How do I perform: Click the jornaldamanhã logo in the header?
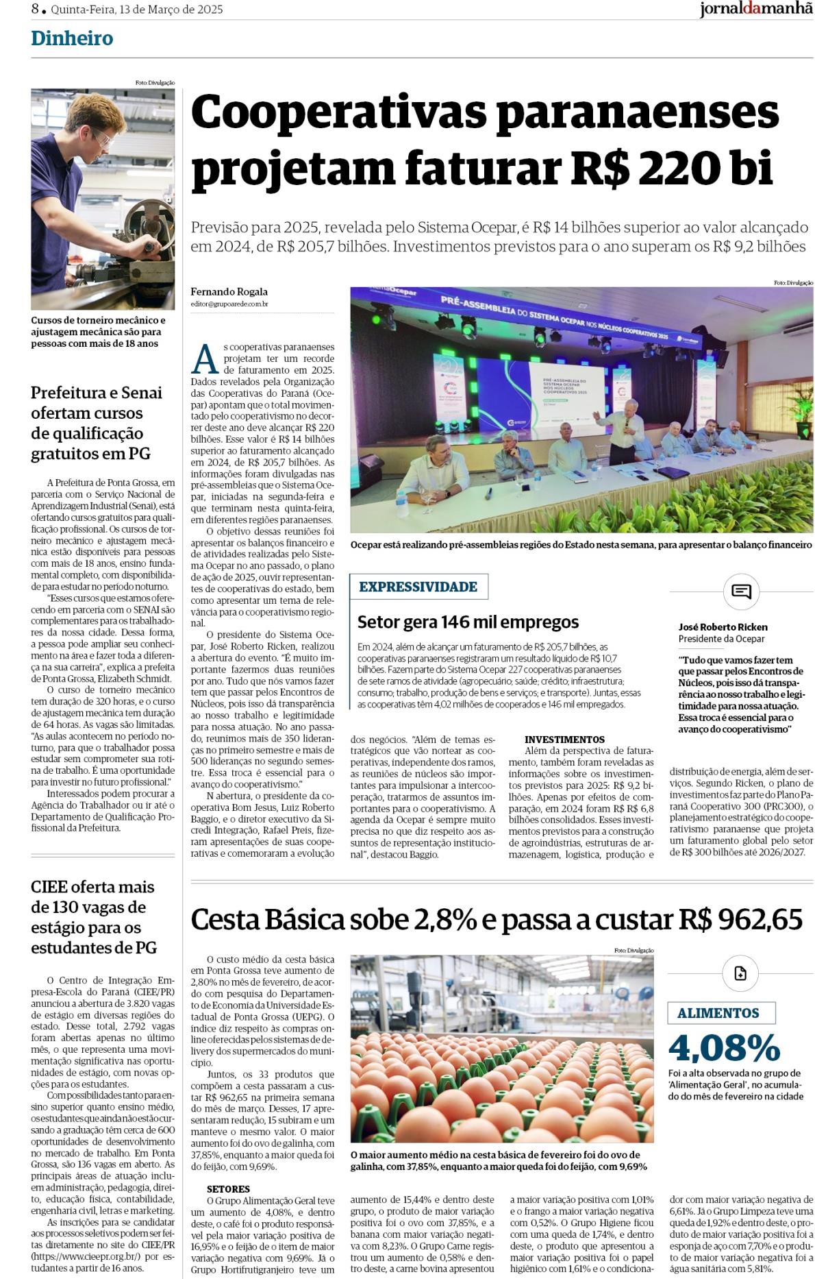coord(756,10)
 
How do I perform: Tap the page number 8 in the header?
coord(35,10)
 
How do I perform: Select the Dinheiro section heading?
coord(72,38)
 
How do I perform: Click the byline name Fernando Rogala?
coord(229,291)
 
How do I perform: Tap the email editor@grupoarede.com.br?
coord(229,303)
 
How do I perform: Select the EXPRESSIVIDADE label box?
coord(418,587)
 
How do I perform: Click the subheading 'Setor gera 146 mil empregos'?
coord(468,622)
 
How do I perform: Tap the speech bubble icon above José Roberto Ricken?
coord(741,592)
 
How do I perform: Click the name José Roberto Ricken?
coord(723,626)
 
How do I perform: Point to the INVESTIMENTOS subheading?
coord(564,740)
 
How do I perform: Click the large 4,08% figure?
coord(725,1047)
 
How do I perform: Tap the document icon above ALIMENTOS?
coord(740,973)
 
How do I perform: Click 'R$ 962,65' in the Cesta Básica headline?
coord(740,919)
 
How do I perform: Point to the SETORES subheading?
coord(228,1189)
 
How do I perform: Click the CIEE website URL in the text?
coord(86,1256)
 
